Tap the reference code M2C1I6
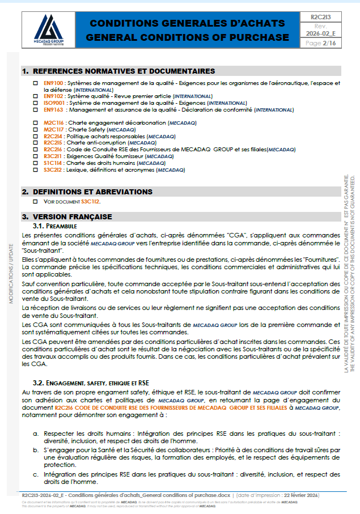(54, 122)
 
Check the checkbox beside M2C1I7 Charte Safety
(35, 129)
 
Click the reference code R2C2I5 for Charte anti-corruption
(54, 143)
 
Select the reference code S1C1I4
(53, 163)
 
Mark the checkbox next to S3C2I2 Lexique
(35, 169)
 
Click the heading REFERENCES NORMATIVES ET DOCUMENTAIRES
(124, 71)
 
